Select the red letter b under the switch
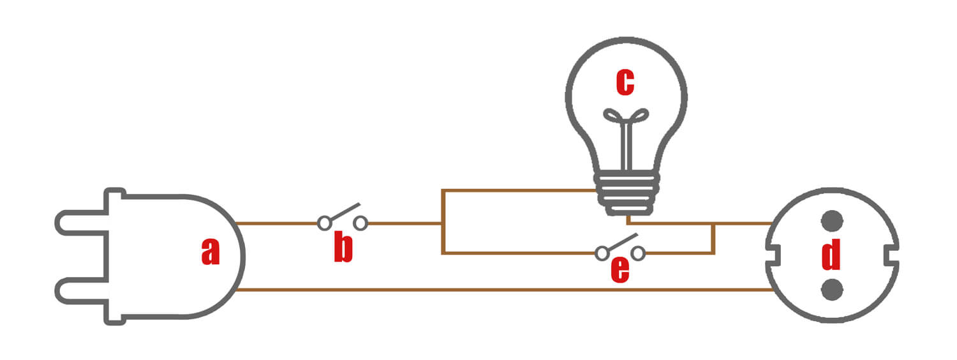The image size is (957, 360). (343, 249)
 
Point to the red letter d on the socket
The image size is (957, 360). (831, 255)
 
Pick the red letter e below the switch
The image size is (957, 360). (619, 269)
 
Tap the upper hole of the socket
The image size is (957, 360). (831, 221)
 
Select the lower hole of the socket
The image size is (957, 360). (831, 289)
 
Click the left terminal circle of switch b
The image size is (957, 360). (325, 223)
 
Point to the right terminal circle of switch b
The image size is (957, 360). (360, 223)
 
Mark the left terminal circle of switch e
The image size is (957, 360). (602, 253)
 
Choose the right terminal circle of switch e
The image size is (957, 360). (637, 253)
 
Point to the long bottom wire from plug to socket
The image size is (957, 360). (504, 290)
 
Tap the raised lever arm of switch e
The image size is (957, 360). (621, 242)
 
